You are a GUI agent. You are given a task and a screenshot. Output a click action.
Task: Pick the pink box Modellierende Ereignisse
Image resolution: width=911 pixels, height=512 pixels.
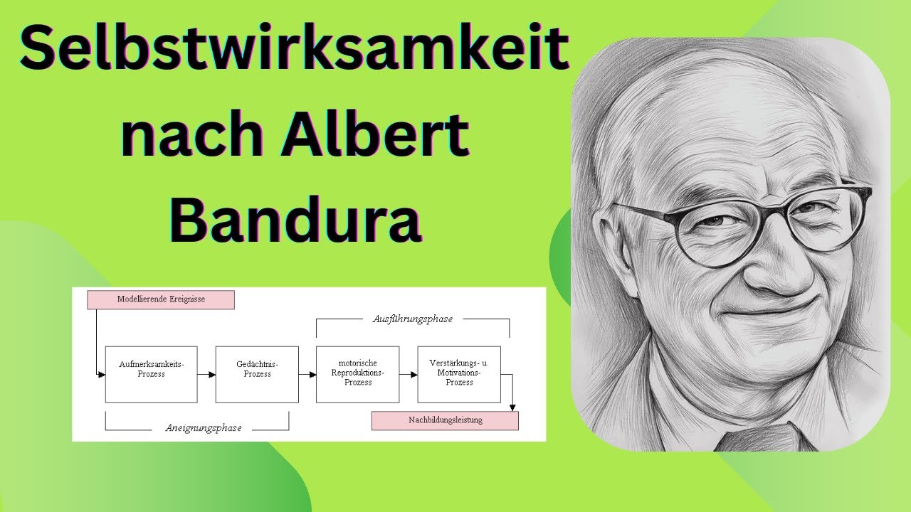point(161,299)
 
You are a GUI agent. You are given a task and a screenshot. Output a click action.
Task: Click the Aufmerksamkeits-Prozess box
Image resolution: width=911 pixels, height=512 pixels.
point(151,374)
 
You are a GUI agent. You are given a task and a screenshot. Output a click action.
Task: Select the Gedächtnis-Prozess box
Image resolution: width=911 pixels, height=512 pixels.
point(257,374)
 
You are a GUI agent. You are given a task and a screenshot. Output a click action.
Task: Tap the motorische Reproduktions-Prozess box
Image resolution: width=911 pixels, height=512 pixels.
point(357,374)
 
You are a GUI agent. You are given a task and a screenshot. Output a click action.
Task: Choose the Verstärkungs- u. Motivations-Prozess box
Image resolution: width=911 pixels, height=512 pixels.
point(459,374)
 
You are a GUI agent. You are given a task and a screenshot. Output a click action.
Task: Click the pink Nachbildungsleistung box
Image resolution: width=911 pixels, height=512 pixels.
point(445,420)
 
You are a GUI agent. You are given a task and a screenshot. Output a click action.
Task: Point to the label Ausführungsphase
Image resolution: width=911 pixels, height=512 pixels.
point(413,319)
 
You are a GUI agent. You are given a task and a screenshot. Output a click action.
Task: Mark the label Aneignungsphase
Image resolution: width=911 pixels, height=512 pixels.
point(204,428)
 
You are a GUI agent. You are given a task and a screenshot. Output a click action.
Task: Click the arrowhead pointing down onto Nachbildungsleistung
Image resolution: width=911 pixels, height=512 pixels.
point(512,407)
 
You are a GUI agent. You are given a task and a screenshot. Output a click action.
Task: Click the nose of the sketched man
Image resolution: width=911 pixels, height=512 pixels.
point(772,274)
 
